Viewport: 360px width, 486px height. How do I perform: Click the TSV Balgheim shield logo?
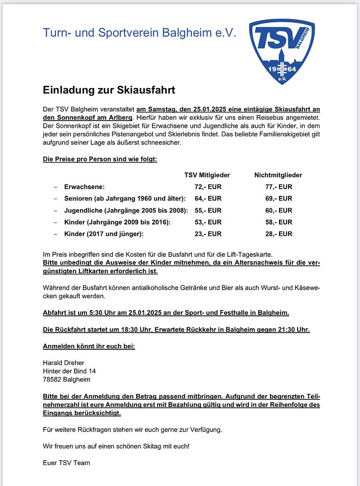[x=282, y=51]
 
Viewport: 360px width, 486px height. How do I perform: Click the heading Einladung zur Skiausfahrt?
[x=109, y=90]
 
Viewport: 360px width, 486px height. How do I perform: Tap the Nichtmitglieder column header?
[x=278, y=175]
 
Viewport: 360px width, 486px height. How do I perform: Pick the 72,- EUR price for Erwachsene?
[x=208, y=187]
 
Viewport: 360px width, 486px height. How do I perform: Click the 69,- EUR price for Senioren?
[x=279, y=198]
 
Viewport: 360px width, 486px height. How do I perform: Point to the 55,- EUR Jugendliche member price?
[x=208, y=210]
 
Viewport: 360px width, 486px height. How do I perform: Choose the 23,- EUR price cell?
[x=208, y=233]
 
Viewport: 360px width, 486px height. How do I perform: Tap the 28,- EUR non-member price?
[x=279, y=233]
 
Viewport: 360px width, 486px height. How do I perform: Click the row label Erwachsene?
[x=84, y=187]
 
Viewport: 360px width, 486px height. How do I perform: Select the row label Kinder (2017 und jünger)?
[x=104, y=233]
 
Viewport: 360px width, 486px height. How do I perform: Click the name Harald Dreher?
[x=63, y=363]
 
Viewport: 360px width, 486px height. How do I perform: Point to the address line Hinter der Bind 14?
[x=69, y=371]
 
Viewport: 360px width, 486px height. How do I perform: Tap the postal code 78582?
[x=52, y=380]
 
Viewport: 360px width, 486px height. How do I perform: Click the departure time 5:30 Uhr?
[x=100, y=313]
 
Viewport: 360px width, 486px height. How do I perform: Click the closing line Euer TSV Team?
[x=66, y=463]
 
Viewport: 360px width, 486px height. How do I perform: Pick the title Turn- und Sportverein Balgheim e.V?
[x=139, y=33]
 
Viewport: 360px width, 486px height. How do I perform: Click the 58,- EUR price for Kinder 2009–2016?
[x=279, y=222]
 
